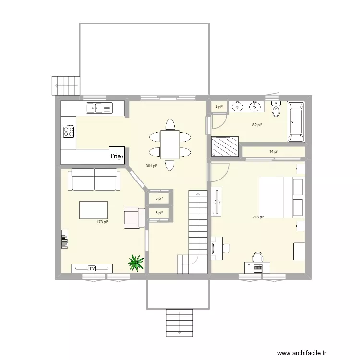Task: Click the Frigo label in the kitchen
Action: click(x=117, y=156)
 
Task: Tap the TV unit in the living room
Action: click(x=92, y=268)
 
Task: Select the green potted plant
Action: click(x=136, y=262)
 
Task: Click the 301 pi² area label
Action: click(x=151, y=166)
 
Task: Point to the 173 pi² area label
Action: click(x=102, y=222)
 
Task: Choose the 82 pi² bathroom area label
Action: click(x=257, y=125)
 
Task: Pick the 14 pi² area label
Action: click(x=274, y=152)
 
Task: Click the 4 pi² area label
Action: click(x=219, y=107)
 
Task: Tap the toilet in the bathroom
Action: click(x=276, y=110)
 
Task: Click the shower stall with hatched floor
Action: click(x=225, y=146)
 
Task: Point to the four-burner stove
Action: click(x=69, y=131)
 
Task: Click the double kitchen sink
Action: click(x=97, y=108)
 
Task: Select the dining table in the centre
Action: click(x=169, y=144)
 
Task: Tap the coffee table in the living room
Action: click(x=93, y=210)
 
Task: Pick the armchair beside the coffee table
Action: click(x=134, y=217)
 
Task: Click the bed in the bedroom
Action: click(x=281, y=197)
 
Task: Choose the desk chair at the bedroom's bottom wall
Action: click(x=258, y=258)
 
